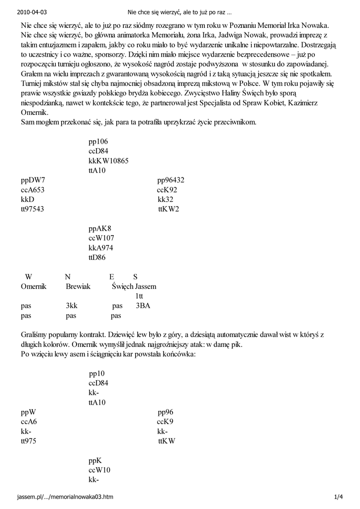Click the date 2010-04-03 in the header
pos(29,10)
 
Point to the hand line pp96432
pos(171,180)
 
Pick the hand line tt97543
pos(32,209)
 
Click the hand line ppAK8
pos(100,229)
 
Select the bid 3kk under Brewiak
pos(72,306)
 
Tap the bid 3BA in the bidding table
pos(143,306)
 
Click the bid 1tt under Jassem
pos(139,296)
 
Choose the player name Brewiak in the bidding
pos(78,286)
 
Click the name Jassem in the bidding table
pos(145,286)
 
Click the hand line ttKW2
pos(169,209)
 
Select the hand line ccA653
pos(32,189)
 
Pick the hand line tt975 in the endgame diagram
pos(29,441)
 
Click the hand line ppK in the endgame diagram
pos(95,461)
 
